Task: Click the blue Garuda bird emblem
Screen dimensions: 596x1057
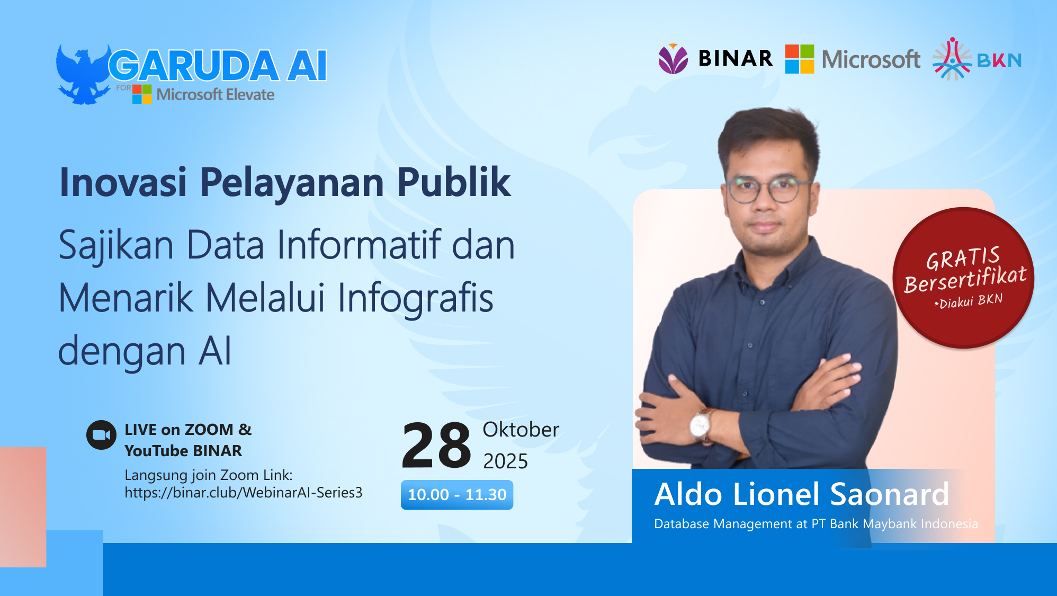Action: coord(82,74)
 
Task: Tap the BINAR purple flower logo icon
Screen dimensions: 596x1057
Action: coord(673,59)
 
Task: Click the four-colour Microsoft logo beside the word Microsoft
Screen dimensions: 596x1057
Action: coord(799,59)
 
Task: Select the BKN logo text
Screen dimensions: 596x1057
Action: coord(999,60)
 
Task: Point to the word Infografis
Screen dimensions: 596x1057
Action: coord(415,298)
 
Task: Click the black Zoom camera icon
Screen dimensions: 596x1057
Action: coord(101,435)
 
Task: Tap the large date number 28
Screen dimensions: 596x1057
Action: coord(436,446)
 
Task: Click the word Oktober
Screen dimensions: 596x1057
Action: coord(521,430)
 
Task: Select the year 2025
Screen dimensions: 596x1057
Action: coord(505,461)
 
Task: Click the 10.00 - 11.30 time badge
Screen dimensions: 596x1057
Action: coord(456,495)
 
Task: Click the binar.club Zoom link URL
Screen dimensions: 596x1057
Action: coord(244,493)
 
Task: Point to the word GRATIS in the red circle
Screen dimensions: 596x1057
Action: coord(963,259)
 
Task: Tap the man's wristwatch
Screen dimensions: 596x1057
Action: coord(700,425)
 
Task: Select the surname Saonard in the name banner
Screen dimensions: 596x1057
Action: coord(889,494)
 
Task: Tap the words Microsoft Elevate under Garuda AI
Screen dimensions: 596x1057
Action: coord(215,95)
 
